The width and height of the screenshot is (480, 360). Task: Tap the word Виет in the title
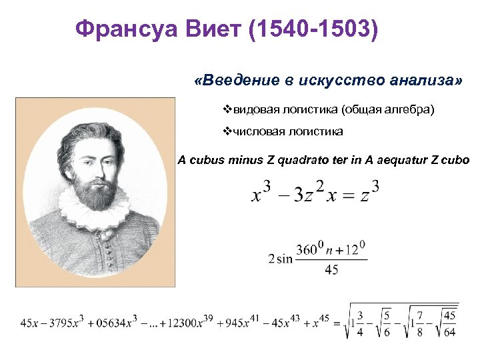[213, 29]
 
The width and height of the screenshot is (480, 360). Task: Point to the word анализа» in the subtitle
[425, 81]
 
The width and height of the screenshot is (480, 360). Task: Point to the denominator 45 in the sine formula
[331, 270]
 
